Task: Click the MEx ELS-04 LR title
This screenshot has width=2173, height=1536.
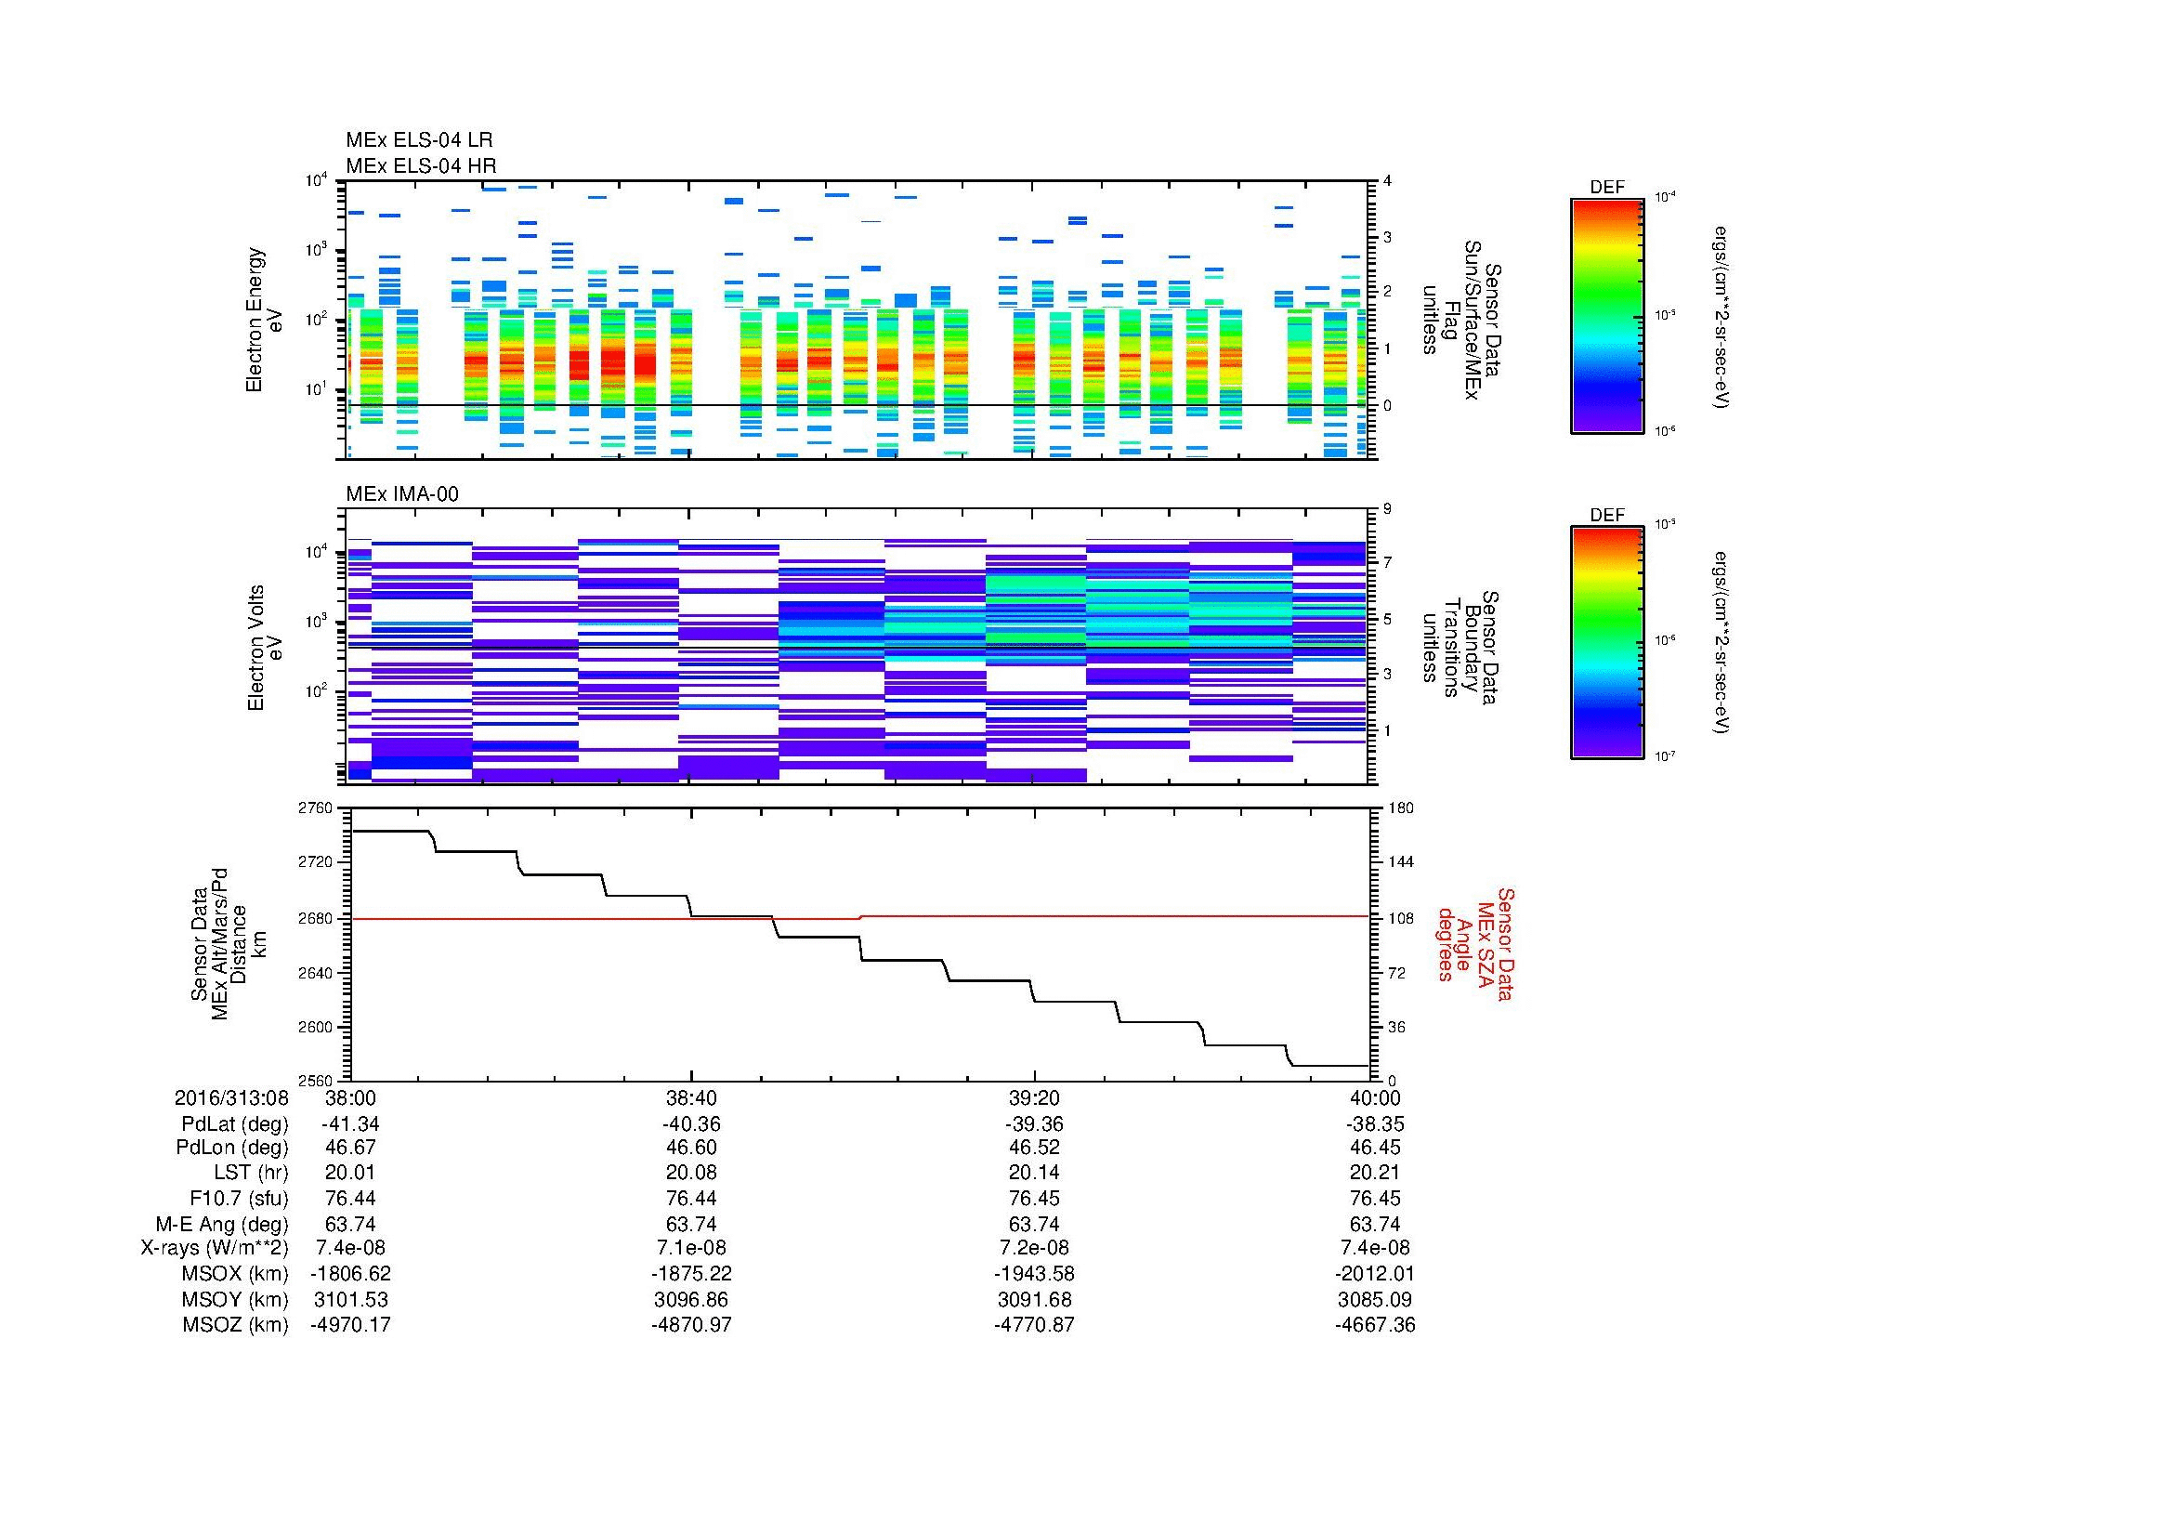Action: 418,140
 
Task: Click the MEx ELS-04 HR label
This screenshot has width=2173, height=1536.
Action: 420,165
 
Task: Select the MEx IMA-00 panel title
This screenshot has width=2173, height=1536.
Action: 401,494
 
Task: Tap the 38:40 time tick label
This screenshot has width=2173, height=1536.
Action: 691,1097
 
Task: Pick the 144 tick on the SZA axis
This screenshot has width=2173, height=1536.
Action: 1401,862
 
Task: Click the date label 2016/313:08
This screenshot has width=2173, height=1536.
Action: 231,1097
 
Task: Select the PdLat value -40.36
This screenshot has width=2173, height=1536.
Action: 691,1124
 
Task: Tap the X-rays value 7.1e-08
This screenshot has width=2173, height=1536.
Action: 691,1248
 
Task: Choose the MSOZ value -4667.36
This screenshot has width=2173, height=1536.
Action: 1374,1325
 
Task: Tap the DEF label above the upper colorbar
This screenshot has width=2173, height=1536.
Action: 1606,188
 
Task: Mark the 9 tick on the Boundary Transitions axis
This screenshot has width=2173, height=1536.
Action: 1387,509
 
